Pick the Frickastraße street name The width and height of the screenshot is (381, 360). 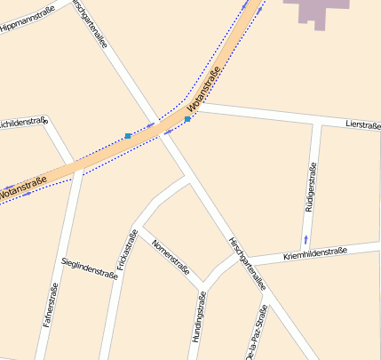[x=126, y=250]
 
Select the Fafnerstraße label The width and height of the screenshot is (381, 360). [x=51, y=312]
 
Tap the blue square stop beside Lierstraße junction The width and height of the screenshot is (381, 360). [x=188, y=118]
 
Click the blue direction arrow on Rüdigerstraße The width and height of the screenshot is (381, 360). [x=306, y=238]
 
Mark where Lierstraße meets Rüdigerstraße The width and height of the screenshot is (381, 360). [x=318, y=124]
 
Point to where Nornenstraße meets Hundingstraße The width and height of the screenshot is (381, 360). [x=202, y=285]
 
